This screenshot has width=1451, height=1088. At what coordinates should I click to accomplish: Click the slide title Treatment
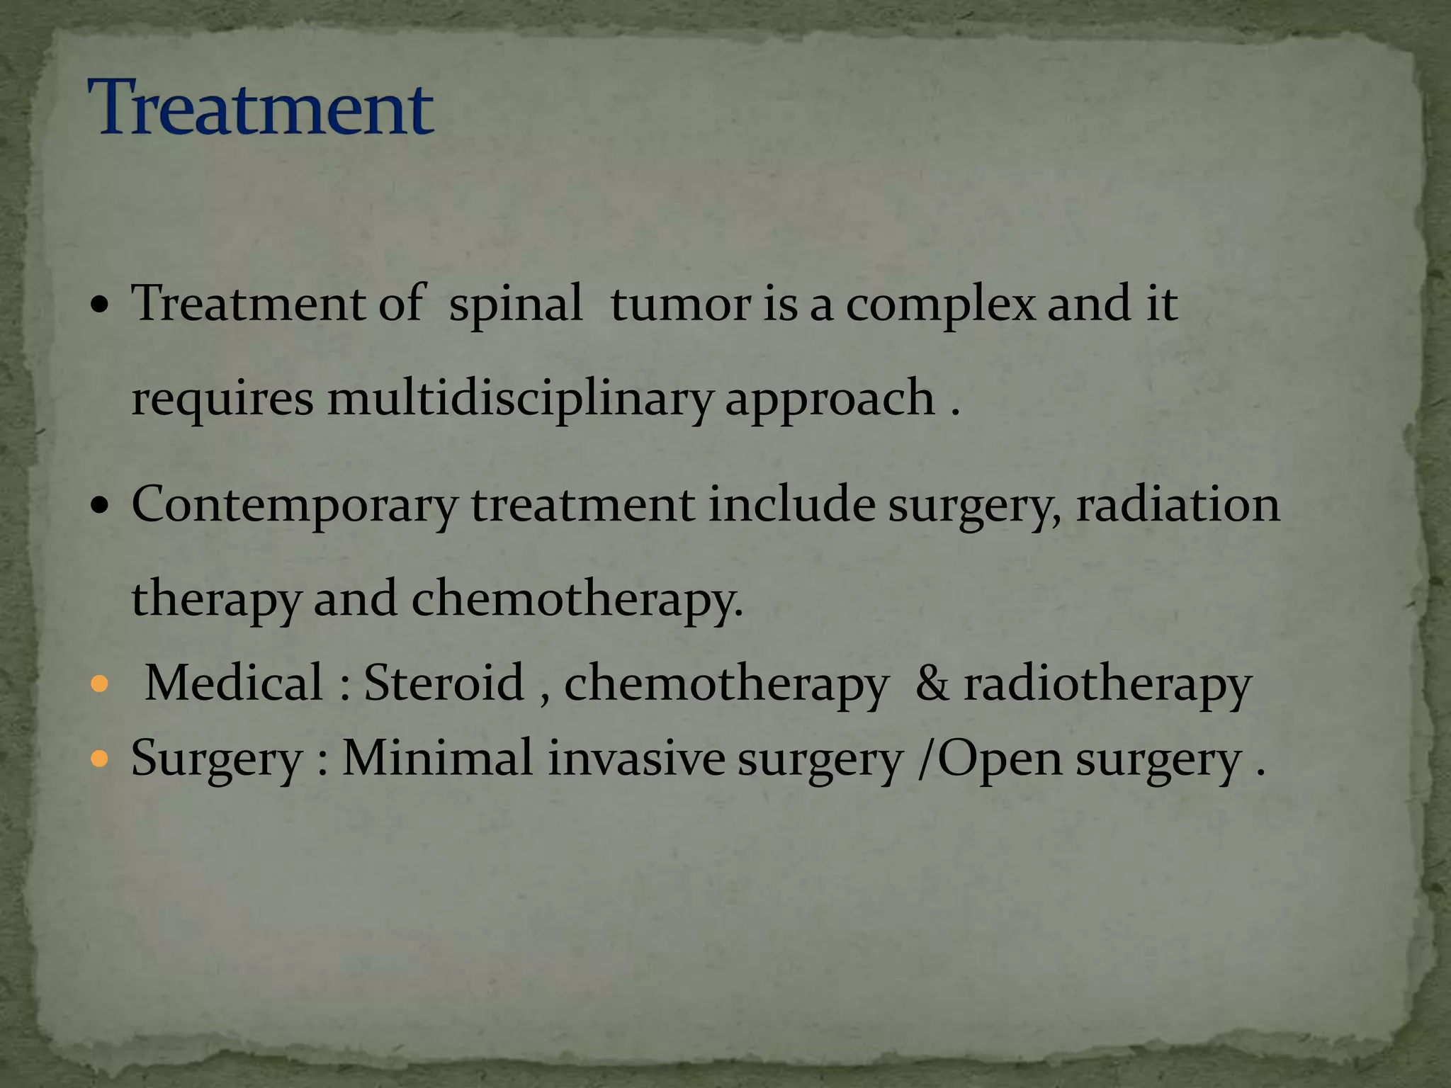coord(260,108)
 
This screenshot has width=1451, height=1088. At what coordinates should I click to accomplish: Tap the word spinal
coord(516,305)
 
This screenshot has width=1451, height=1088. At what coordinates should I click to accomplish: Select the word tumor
coord(680,305)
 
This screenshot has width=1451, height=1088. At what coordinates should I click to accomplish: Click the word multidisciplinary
coord(519,399)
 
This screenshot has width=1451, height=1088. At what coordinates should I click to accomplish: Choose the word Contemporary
coord(295,507)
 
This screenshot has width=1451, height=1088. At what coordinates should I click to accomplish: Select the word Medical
coord(235,683)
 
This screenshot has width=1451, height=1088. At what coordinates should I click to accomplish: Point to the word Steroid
coord(444,683)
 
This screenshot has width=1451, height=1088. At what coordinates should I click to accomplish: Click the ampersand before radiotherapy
coord(932,684)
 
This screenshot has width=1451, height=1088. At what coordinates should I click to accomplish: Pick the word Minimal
coord(437,759)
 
